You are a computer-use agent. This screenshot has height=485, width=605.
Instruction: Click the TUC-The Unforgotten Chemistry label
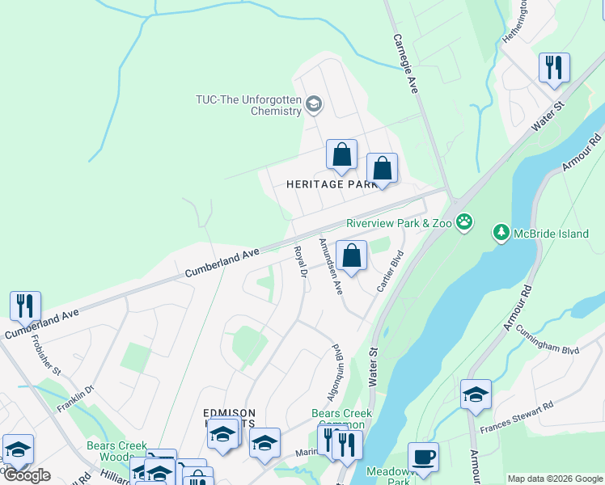tap(248, 105)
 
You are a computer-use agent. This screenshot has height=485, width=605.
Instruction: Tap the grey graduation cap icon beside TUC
tap(314, 103)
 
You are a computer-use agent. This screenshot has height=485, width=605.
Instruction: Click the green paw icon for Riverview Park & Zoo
tap(463, 221)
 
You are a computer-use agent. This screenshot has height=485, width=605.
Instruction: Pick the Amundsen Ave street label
tap(331, 266)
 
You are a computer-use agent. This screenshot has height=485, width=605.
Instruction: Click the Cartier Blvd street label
tap(390, 272)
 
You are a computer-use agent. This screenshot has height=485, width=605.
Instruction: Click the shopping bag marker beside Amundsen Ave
tap(351, 257)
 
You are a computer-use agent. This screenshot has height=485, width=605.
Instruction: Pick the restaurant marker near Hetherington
tap(554, 68)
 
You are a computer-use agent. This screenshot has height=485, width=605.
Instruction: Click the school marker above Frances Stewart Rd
tap(476, 394)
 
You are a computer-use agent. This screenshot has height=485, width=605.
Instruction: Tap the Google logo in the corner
tap(26, 475)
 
